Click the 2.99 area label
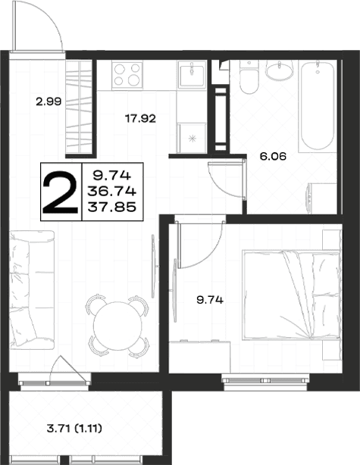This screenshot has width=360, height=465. (49, 101)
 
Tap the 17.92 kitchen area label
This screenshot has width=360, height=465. (140, 119)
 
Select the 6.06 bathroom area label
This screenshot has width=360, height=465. (273, 156)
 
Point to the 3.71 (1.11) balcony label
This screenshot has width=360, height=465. (74, 428)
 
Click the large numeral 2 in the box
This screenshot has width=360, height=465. (61, 192)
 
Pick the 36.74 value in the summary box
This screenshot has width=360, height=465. (112, 192)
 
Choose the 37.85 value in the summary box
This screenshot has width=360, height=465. (112, 207)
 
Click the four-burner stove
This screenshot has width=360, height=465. (127, 75)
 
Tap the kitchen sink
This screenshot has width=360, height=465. (192, 75)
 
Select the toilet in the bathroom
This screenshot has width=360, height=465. (249, 77)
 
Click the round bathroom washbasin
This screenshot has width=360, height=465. (279, 70)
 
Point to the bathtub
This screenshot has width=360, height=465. (318, 106)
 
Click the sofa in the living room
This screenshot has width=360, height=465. (32, 289)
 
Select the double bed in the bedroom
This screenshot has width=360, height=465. (292, 295)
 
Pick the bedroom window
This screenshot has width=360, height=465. (265, 380)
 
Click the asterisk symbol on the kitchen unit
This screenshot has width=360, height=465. (193, 138)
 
